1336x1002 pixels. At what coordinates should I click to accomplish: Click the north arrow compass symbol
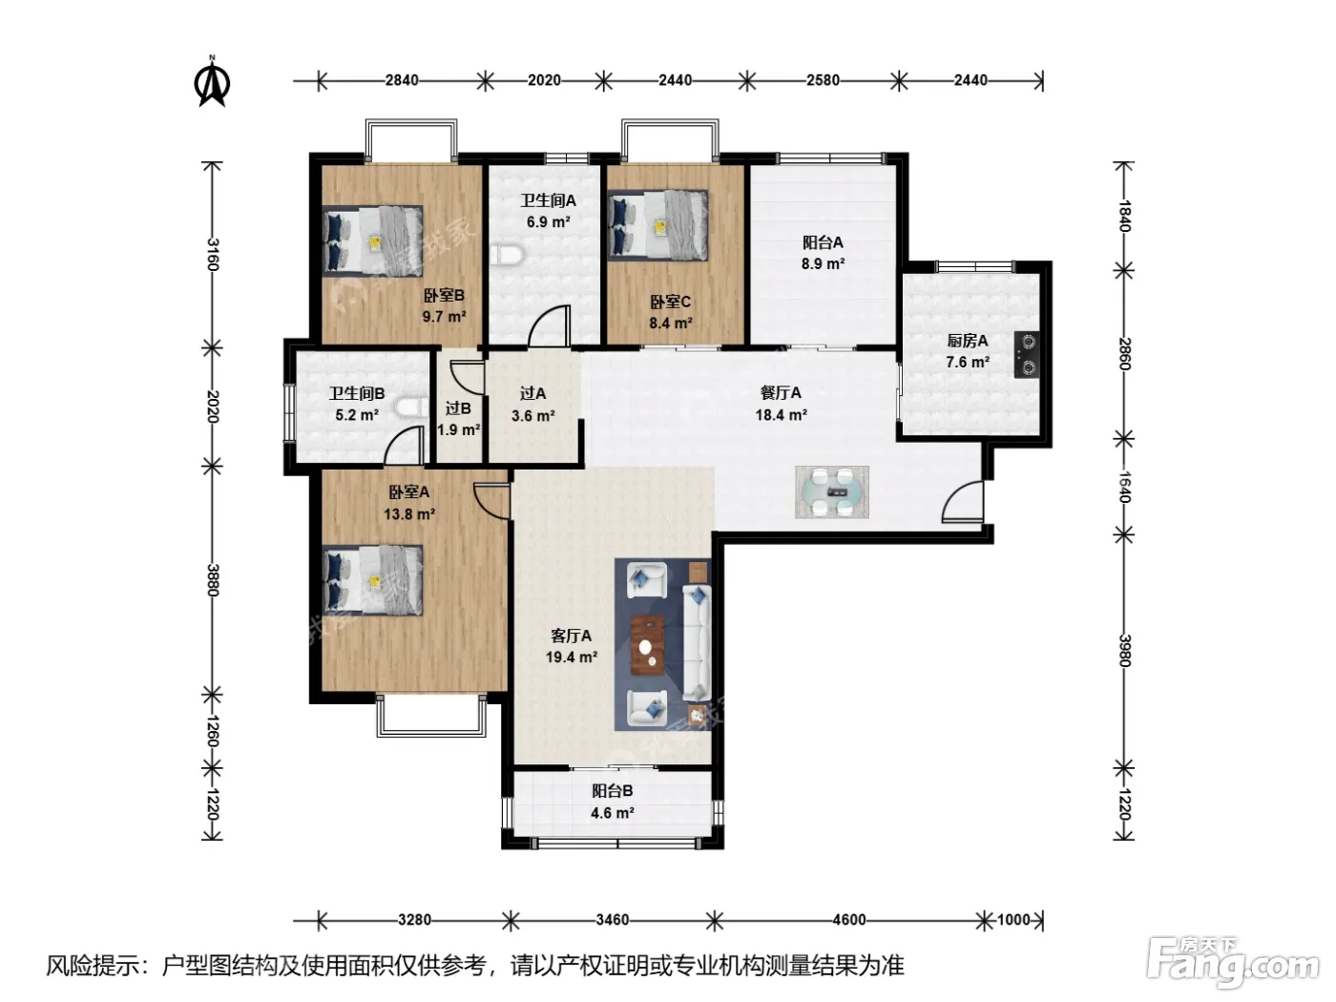[212, 82]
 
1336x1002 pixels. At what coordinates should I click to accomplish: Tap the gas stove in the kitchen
[1028, 355]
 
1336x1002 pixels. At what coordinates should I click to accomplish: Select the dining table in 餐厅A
[831, 492]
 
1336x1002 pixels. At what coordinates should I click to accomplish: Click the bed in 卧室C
[658, 225]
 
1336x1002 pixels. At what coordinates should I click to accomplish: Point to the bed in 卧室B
[372, 240]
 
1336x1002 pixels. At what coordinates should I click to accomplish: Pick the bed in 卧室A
[372, 580]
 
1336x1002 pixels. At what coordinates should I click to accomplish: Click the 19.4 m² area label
[571, 658]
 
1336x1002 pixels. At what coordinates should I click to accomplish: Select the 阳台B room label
[612, 791]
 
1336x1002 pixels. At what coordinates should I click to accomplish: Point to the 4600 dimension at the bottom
[848, 920]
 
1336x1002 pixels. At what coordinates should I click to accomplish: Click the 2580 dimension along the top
[823, 80]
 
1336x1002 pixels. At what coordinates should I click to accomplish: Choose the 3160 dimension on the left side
[213, 254]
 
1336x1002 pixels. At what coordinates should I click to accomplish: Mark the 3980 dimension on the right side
[1123, 651]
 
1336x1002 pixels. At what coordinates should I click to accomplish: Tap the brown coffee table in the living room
[647, 645]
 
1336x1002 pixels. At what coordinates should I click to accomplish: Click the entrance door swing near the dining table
[962, 501]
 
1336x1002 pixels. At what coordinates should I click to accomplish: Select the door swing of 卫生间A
[549, 326]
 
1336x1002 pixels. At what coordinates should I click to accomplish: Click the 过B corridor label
[458, 408]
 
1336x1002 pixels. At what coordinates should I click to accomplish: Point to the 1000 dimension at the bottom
[1013, 920]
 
